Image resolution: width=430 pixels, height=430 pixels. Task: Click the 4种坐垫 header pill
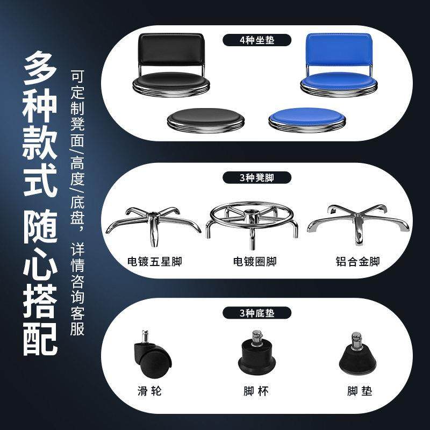click(x=257, y=40)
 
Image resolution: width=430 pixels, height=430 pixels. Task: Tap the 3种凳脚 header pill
click(x=257, y=178)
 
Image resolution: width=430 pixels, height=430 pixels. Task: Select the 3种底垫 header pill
click(x=257, y=313)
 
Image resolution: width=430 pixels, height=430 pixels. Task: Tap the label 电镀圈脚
click(x=255, y=262)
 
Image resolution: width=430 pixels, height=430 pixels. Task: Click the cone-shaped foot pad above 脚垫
click(x=356, y=355)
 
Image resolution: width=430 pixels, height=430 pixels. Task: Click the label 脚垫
click(x=359, y=391)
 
